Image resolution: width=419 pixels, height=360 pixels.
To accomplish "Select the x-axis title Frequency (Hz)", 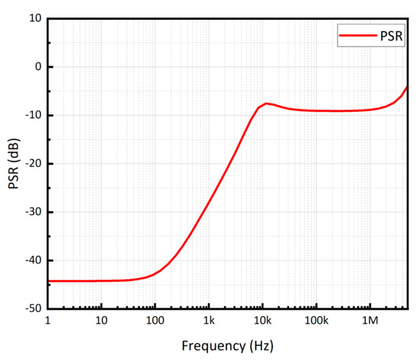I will tap(227, 345).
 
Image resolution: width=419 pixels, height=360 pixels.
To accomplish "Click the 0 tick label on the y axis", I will tap(37, 67).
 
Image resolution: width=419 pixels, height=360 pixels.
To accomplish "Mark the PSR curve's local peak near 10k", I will tap(266, 103).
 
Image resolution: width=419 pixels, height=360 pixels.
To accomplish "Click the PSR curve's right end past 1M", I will tap(407, 87).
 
